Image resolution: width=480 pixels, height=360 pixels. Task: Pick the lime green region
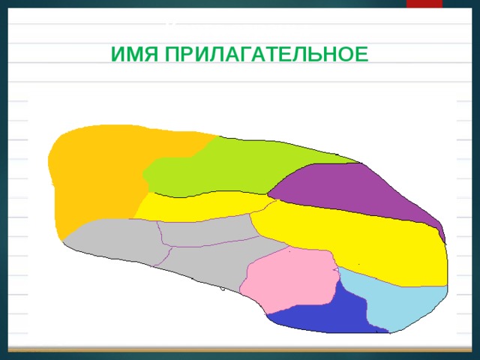pos(225,161)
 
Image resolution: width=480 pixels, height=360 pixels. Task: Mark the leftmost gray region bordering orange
pos(112,240)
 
